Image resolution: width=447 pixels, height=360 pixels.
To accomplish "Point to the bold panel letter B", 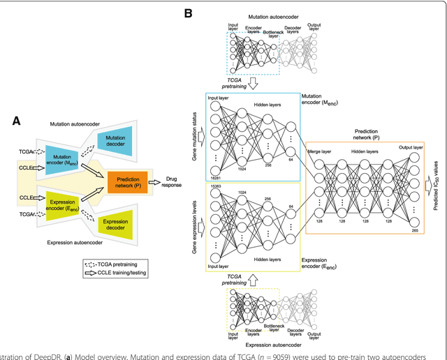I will coord(187,13).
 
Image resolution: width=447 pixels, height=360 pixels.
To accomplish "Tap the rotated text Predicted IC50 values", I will coord(437,183).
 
